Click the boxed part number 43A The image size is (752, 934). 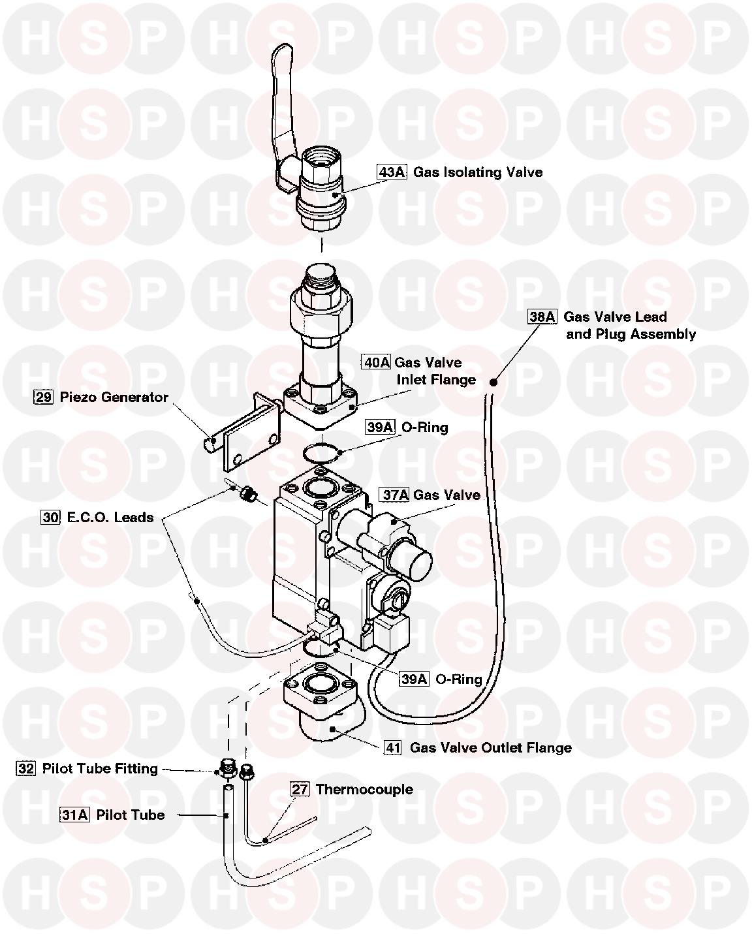[392, 172]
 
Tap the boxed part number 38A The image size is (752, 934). [542, 317]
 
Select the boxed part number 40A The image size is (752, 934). [377, 362]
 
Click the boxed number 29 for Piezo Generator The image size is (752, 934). [44, 397]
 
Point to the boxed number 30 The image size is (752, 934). [50, 518]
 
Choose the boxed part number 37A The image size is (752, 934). [394, 495]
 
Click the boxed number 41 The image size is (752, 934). [392, 748]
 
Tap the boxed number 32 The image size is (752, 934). [26, 769]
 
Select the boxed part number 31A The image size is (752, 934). [75, 815]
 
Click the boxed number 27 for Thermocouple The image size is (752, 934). [300, 789]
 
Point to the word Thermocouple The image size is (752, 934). [364, 789]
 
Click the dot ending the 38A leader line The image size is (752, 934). [494, 382]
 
